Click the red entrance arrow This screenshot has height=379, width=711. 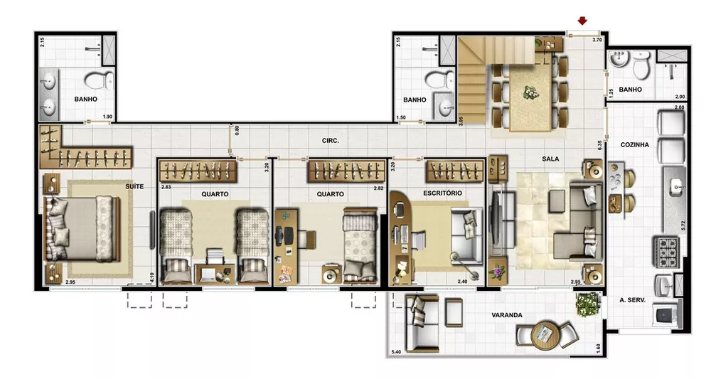point(584,21)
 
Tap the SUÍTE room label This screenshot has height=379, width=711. point(134,186)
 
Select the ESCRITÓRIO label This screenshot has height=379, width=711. point(444,193)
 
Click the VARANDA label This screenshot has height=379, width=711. point(507,315)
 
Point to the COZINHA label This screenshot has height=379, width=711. point(635,144)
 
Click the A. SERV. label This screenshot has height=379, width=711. point(631,300)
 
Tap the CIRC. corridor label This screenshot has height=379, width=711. point(330,141)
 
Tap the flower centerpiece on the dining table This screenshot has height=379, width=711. point(530,90)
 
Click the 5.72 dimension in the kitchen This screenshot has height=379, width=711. point(683,228)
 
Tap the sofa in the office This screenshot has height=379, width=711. point(466,234)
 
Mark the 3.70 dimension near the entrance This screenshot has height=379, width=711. point(597,41)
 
